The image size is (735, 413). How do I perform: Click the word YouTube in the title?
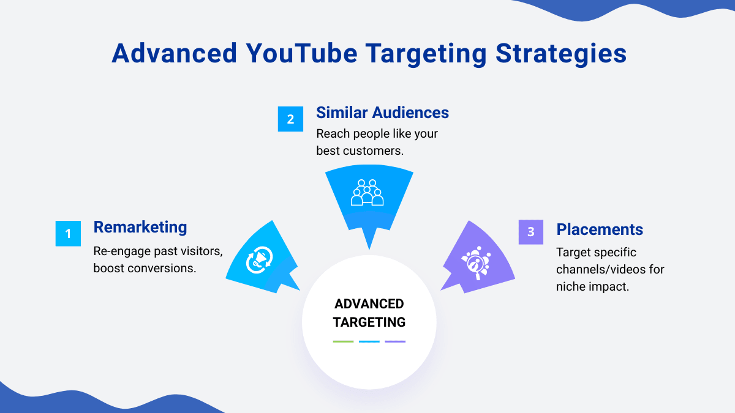tap(301, 53)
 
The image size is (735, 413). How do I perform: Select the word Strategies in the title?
tap(561, 54)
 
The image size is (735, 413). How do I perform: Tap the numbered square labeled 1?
tap(68, 233)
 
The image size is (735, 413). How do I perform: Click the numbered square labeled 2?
tap(290, 119)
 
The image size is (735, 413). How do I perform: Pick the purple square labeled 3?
tap(531, 232)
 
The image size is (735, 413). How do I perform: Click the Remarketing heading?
tap(140, 227)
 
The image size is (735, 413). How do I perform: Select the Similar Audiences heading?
tap(382, 113)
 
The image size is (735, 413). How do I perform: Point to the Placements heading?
tap(600, 229)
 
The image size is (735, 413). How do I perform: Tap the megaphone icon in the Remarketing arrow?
tap(259, 260)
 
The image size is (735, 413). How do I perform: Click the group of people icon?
tap(367, 192)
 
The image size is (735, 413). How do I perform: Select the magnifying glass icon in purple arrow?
tap(476, 263)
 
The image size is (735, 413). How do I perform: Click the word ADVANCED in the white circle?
tap(369, 304)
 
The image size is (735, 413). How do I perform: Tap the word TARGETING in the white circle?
tap(369, 322)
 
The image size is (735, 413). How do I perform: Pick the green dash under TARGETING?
tap(343, 341)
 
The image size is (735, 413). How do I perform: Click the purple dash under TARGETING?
tap(395, 341)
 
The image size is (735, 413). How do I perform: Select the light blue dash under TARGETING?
tap(369, 341)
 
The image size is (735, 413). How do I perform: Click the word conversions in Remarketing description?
tap(162, 269)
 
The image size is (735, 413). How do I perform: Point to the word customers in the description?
tap(374, 151)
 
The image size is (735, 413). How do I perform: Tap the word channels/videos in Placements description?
tap(601, 269)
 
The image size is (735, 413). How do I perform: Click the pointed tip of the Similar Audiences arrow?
tap(369, 250)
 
